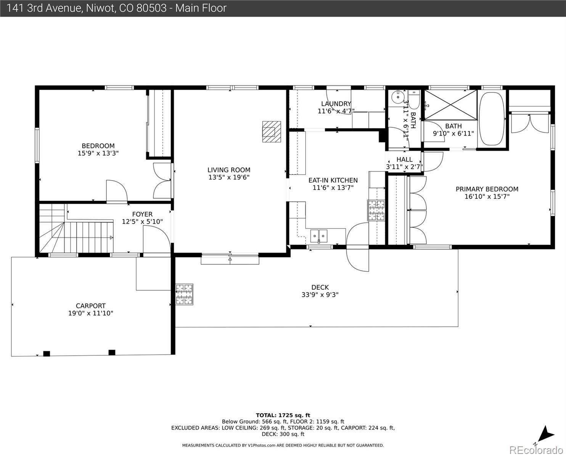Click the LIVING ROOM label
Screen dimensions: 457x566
pos(229,170)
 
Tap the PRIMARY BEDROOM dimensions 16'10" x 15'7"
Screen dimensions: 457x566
pos(487,197)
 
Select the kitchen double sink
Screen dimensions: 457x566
pos(318,236)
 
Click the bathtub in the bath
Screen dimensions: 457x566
pos(492,118)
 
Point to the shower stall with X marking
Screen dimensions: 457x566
pos(450,104)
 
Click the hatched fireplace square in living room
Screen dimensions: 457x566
pos(272,131)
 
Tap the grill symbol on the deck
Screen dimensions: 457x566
pos(184,294)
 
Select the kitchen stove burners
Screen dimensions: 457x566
pos(376,211)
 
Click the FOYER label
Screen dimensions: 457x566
pos(142,214)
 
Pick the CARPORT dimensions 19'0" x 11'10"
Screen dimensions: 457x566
pos(91,313)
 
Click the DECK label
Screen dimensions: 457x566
pos(320,287)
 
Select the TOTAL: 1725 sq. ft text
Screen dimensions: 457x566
pos(283,415)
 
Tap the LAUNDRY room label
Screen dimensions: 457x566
pos(336,104)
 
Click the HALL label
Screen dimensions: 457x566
pos(404,160)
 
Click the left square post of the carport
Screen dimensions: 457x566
pos(47,353)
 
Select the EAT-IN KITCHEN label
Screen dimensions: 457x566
pos(333,180)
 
